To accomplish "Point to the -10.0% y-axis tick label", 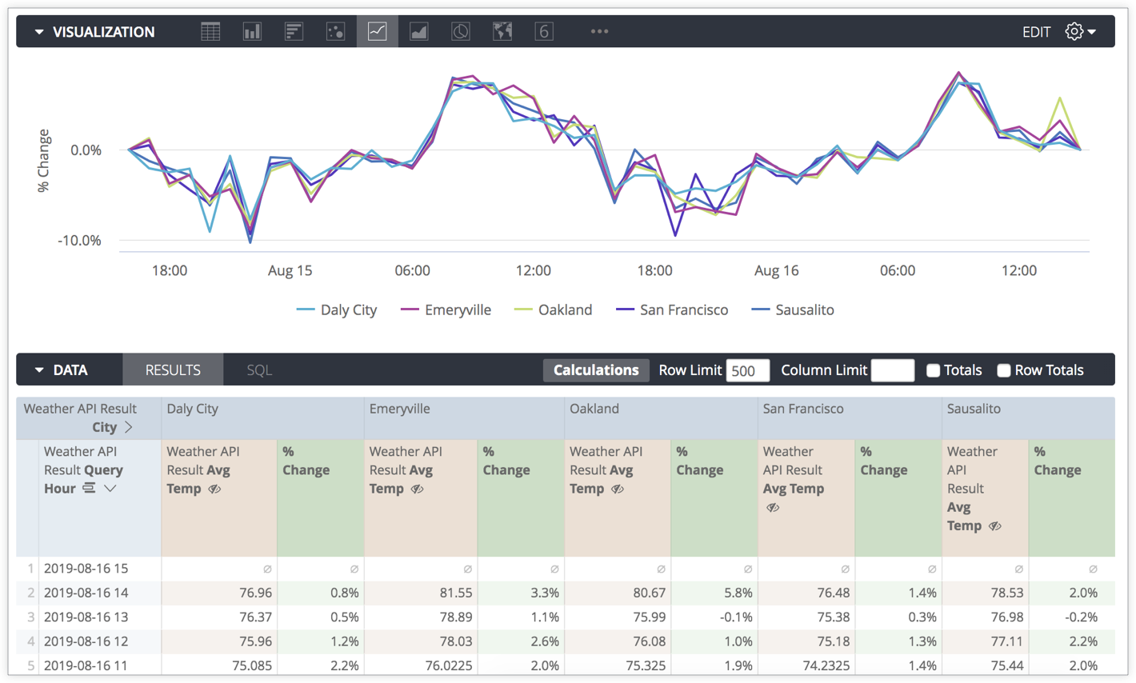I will tap(79, 241).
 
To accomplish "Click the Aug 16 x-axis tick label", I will tap(776, 271).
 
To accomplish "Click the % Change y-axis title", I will tap(44, 161).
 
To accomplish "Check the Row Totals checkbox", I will tap(1003, 370).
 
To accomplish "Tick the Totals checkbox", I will tap(933, 370).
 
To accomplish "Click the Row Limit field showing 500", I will tap(747, 370).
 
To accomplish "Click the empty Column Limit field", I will tap(892, 370).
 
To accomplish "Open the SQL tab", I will tap(259, 370).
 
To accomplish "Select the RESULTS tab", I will tap(173, 370).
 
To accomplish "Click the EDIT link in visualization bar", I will tap(1036, 32).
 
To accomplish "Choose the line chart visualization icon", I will tap(377, 31).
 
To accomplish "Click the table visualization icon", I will tap(210, 31).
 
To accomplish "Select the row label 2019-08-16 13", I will tap(86, 617).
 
